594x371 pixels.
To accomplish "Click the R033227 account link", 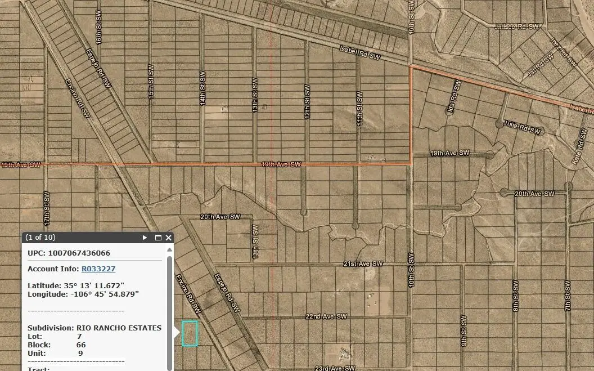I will pyautogui.click(x=98, y=269).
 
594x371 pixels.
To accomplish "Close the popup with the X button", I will pyautogui.click(x=169, y=238).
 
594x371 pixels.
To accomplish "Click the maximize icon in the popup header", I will pyautogui.click(x=158, y=238).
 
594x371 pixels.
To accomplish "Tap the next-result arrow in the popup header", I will pyautogui.click(x=145, y=238).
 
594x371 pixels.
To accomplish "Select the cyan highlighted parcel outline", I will pyautogui.click(x=190, y=333).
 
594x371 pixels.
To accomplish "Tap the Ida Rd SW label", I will pyautogui.click(x=453, y=97).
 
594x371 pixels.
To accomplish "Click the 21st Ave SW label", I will pyautogui.click(x=363, y=263).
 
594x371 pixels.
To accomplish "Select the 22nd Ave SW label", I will pyautogui.click(x=326, y=316).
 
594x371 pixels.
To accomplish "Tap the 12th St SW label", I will pyautogui.click(x=307, y=102).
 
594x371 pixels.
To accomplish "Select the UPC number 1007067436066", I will pyautogui.click(x=79, y=253).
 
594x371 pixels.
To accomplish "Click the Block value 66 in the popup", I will pyautogui.click(x=81, y=345).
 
